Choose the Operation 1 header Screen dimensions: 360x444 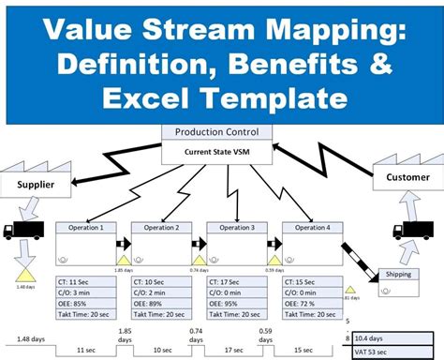point(86,228)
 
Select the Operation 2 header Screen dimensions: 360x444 point(161,228)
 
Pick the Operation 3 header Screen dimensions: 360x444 point(236,228)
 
